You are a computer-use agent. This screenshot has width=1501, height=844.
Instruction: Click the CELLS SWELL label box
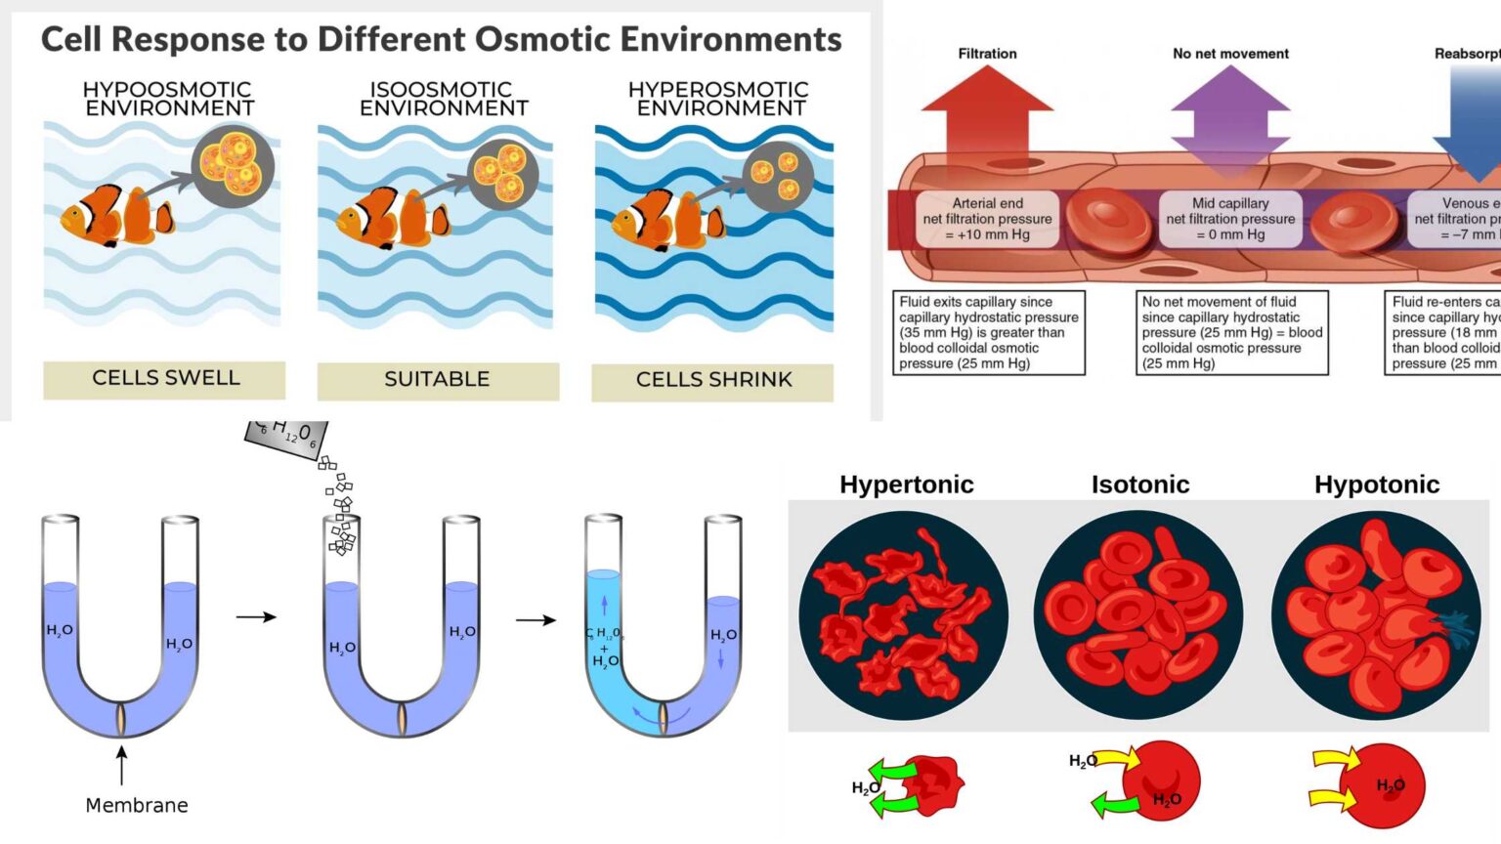(x=164, y=379)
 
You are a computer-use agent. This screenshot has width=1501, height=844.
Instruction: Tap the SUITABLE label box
(x=438, y=380)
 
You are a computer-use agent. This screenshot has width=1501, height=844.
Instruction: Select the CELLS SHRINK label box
(x=712, y=381)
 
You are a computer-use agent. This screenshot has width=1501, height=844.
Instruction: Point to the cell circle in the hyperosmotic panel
(x=778, y=176)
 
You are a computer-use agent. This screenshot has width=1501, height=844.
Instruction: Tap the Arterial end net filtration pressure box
(x=987, y=219)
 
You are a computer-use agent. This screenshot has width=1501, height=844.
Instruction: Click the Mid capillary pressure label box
(x=1230, y=219)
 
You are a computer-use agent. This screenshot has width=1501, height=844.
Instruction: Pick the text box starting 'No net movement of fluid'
(x=1231, y=332)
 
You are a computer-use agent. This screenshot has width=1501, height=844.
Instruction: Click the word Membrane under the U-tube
(x=137, y=805)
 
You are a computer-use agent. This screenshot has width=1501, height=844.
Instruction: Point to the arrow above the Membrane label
(x=122, y=765)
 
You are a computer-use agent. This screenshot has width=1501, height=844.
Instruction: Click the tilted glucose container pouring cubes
(x=286, y=436)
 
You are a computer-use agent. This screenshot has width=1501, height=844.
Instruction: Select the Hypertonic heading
(x=906, y=485)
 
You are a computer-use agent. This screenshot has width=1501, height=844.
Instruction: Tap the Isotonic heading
(x=1140, y=485)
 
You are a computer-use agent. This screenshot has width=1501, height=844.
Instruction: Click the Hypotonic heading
(x=1376, y=485)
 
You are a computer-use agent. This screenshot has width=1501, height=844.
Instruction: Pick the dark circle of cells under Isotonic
(x=1138, y=615)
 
